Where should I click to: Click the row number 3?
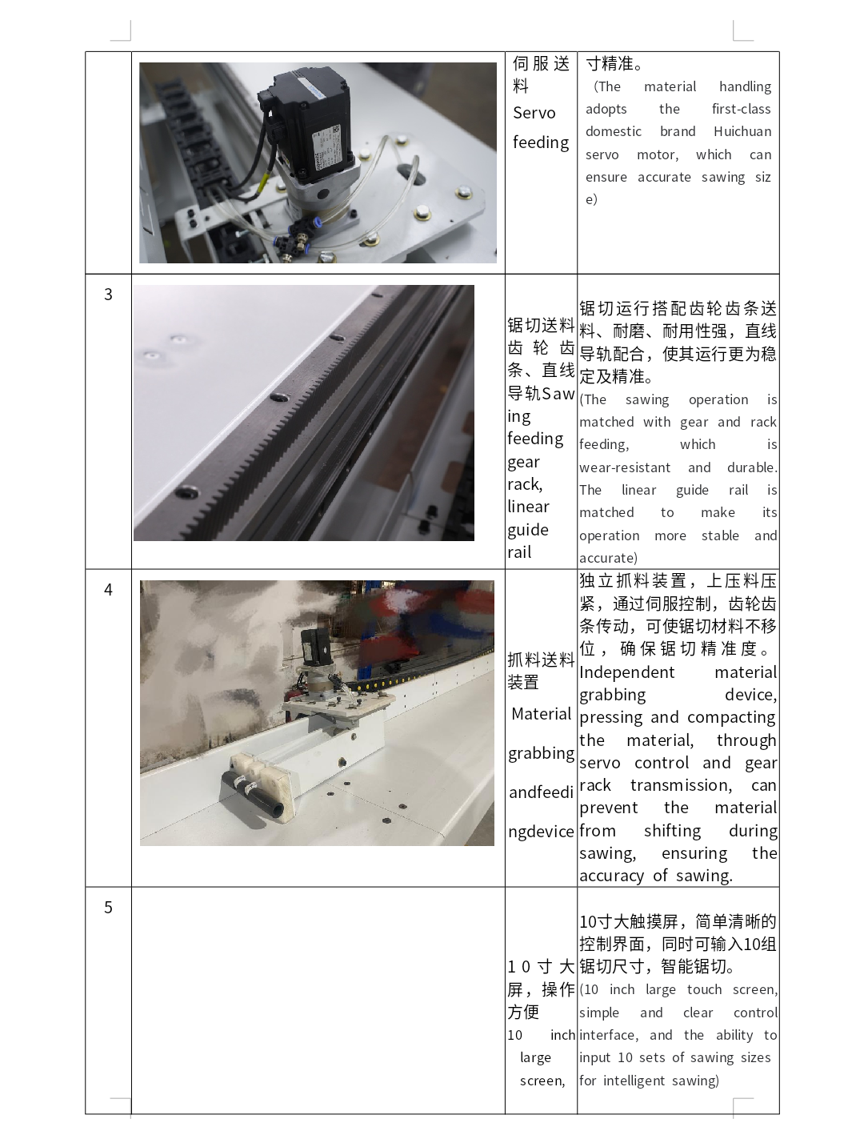tap(108, 295)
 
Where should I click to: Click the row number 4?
tap(108, 589)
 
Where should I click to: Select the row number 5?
tap(108, 907)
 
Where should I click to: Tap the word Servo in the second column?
tap(534, 113)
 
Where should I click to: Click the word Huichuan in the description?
tap(742, 131)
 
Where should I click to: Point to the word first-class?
tap(742, 109)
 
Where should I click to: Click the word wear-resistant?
tap(624, 467)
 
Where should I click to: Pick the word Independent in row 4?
tap(627, 672)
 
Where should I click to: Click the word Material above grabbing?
tap(542, 714)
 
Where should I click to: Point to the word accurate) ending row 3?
tap(608, 558)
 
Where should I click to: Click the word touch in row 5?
tap(704, 989)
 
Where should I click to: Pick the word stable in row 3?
tap(720, 535)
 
